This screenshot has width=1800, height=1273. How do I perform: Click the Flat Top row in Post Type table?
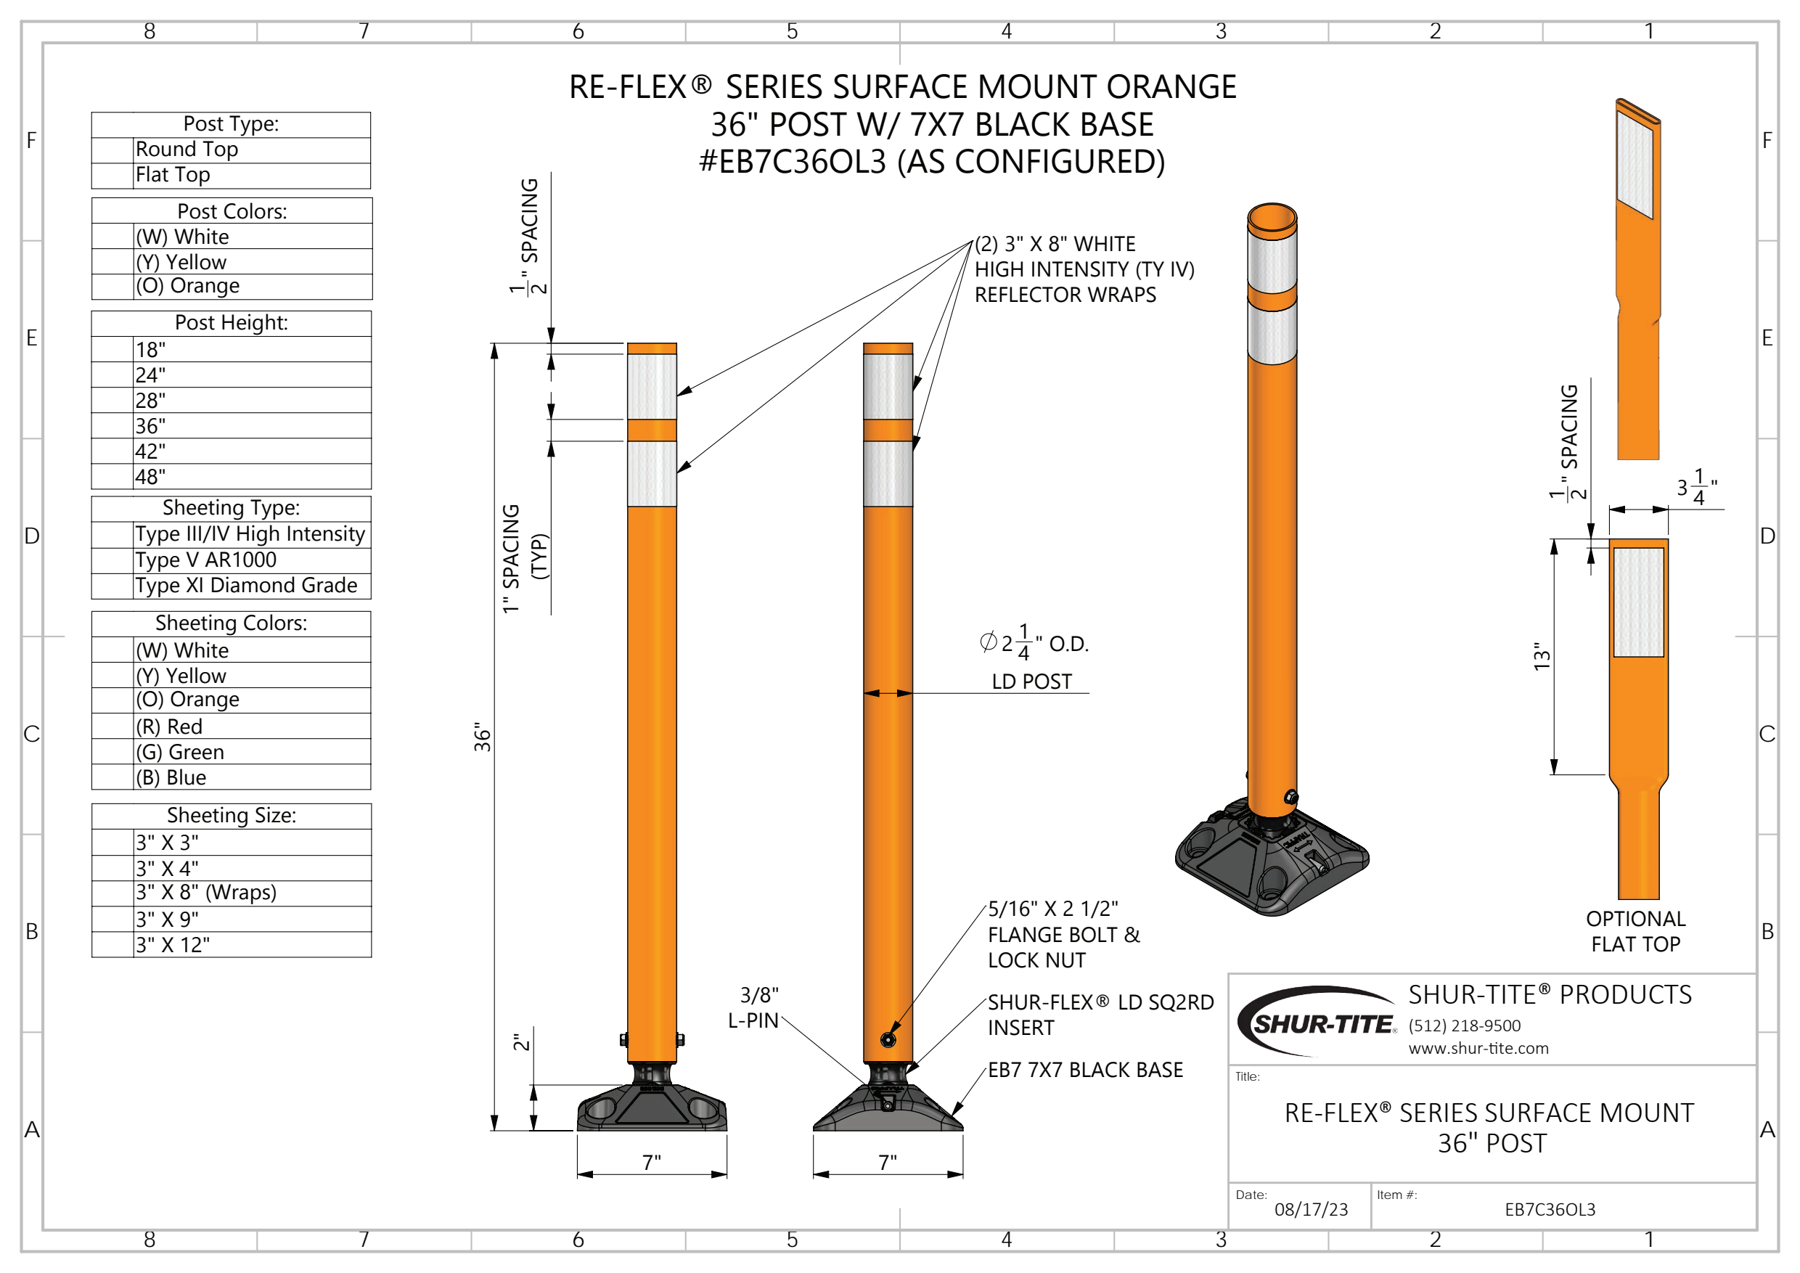click(x=232, y=176)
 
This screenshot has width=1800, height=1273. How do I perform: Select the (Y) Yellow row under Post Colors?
click(x=232, y=262)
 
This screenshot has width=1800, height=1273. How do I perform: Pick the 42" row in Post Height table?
click(x=232, y=451)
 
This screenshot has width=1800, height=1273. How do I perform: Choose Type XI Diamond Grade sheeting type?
click(x=232, y=586)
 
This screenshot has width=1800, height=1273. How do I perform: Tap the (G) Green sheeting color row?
click(x=232, y=752)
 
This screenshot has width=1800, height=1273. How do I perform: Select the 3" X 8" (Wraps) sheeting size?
click(x=232, y=893)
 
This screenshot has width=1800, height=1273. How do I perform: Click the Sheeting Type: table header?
click(x=232, y=508)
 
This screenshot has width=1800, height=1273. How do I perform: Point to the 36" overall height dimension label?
click(x=481, y=737)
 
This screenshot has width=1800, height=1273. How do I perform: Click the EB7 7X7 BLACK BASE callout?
click(x=1085, y=1070)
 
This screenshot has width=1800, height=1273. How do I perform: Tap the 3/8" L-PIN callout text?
click(x=754, y=1008)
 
